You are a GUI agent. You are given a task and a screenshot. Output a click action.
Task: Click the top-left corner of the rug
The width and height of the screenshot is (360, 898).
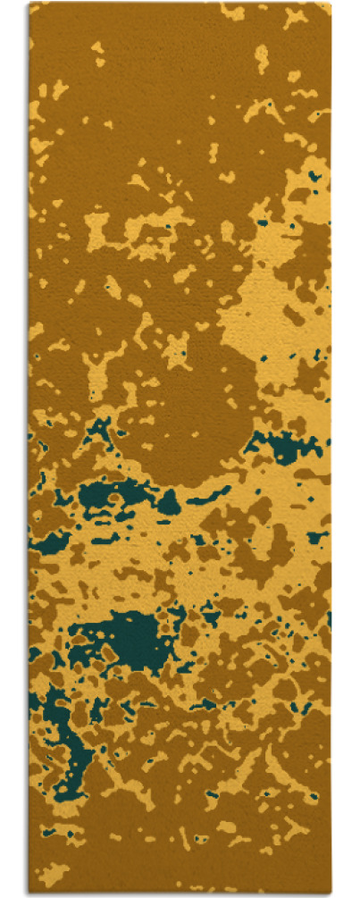[29, 4]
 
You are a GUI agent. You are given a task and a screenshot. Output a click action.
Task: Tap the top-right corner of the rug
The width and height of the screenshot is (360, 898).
[330, 4]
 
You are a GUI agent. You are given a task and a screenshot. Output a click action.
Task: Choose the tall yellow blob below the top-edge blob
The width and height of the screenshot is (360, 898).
[261, 58]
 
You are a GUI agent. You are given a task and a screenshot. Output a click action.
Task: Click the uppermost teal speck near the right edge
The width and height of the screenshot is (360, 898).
[314, 177]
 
